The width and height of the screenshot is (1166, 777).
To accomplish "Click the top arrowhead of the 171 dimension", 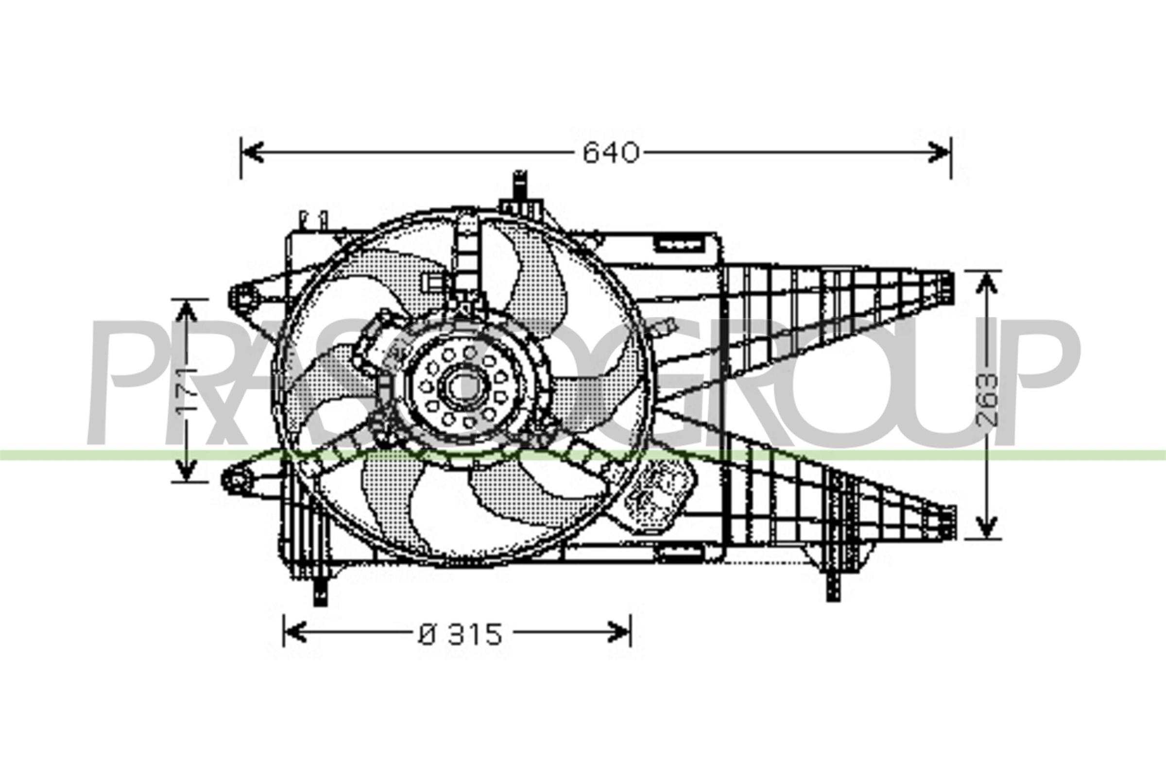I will tap(186, 311).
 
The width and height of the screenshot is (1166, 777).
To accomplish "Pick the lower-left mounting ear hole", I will tap(237, 480).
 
